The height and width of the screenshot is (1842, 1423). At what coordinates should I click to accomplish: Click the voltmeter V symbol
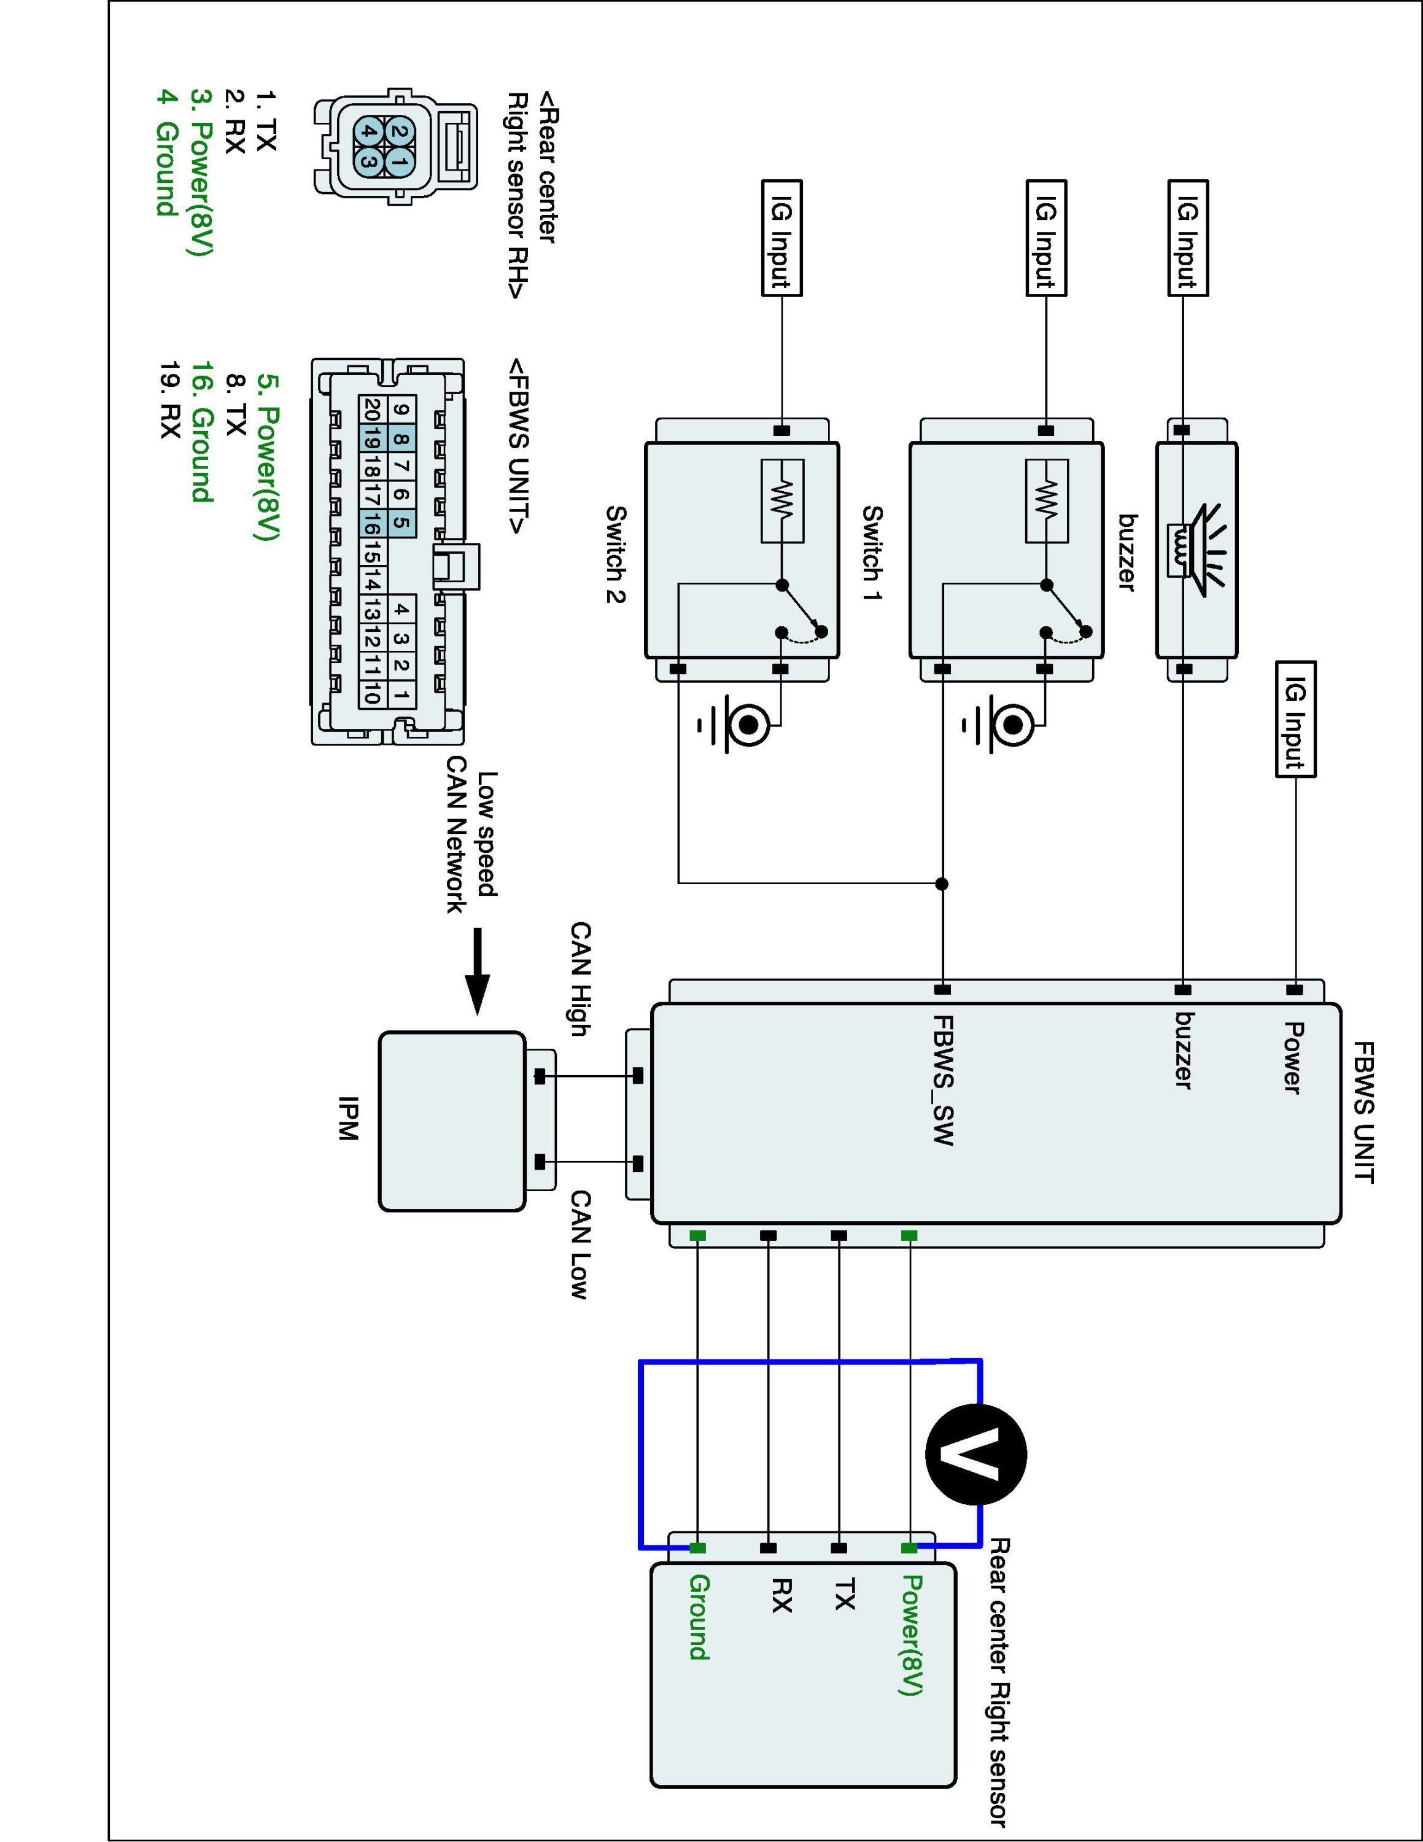coord(976,1455)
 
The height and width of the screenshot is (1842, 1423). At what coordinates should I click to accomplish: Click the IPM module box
coord(452,1121)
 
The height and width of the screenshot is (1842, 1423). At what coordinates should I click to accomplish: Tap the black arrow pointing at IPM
coord(477,971)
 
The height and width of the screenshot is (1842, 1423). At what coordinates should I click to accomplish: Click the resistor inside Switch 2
coord(782,501)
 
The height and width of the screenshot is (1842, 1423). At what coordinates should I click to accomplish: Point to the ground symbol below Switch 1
coord(1003,725)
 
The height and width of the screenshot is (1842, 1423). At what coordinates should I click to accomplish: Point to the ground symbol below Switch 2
coord(739,725)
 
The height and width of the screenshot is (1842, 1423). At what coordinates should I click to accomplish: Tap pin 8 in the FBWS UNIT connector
coord(402,438)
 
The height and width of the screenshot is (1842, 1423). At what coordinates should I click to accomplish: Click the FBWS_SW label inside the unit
coord(942,1079)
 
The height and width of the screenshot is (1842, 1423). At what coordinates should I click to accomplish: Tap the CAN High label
coord(581,978)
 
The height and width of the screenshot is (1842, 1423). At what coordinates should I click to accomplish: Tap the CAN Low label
coord(581,1244)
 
